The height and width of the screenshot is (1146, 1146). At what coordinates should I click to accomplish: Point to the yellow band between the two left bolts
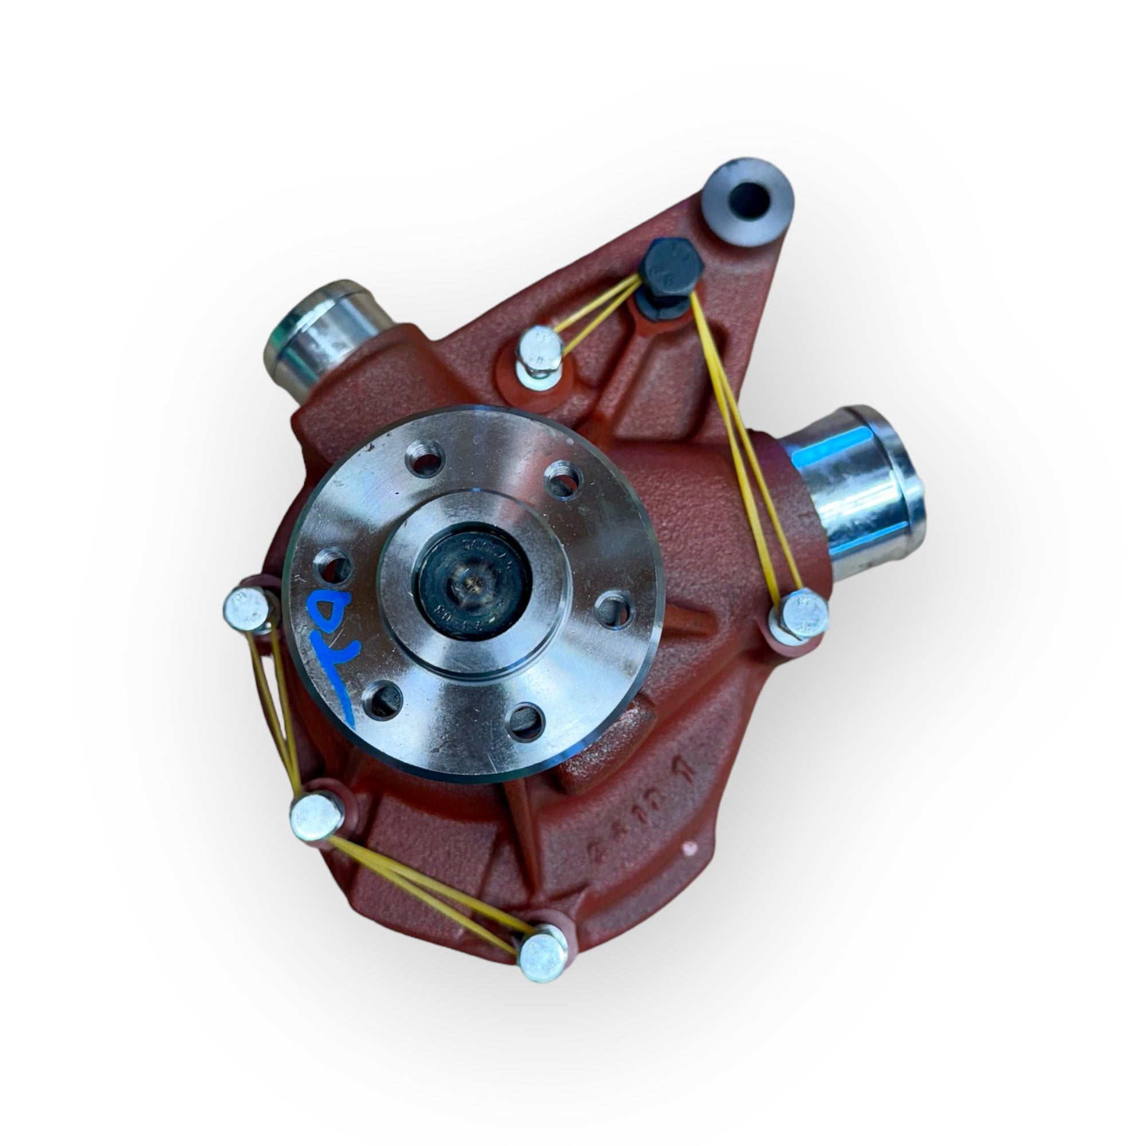(276, 712)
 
